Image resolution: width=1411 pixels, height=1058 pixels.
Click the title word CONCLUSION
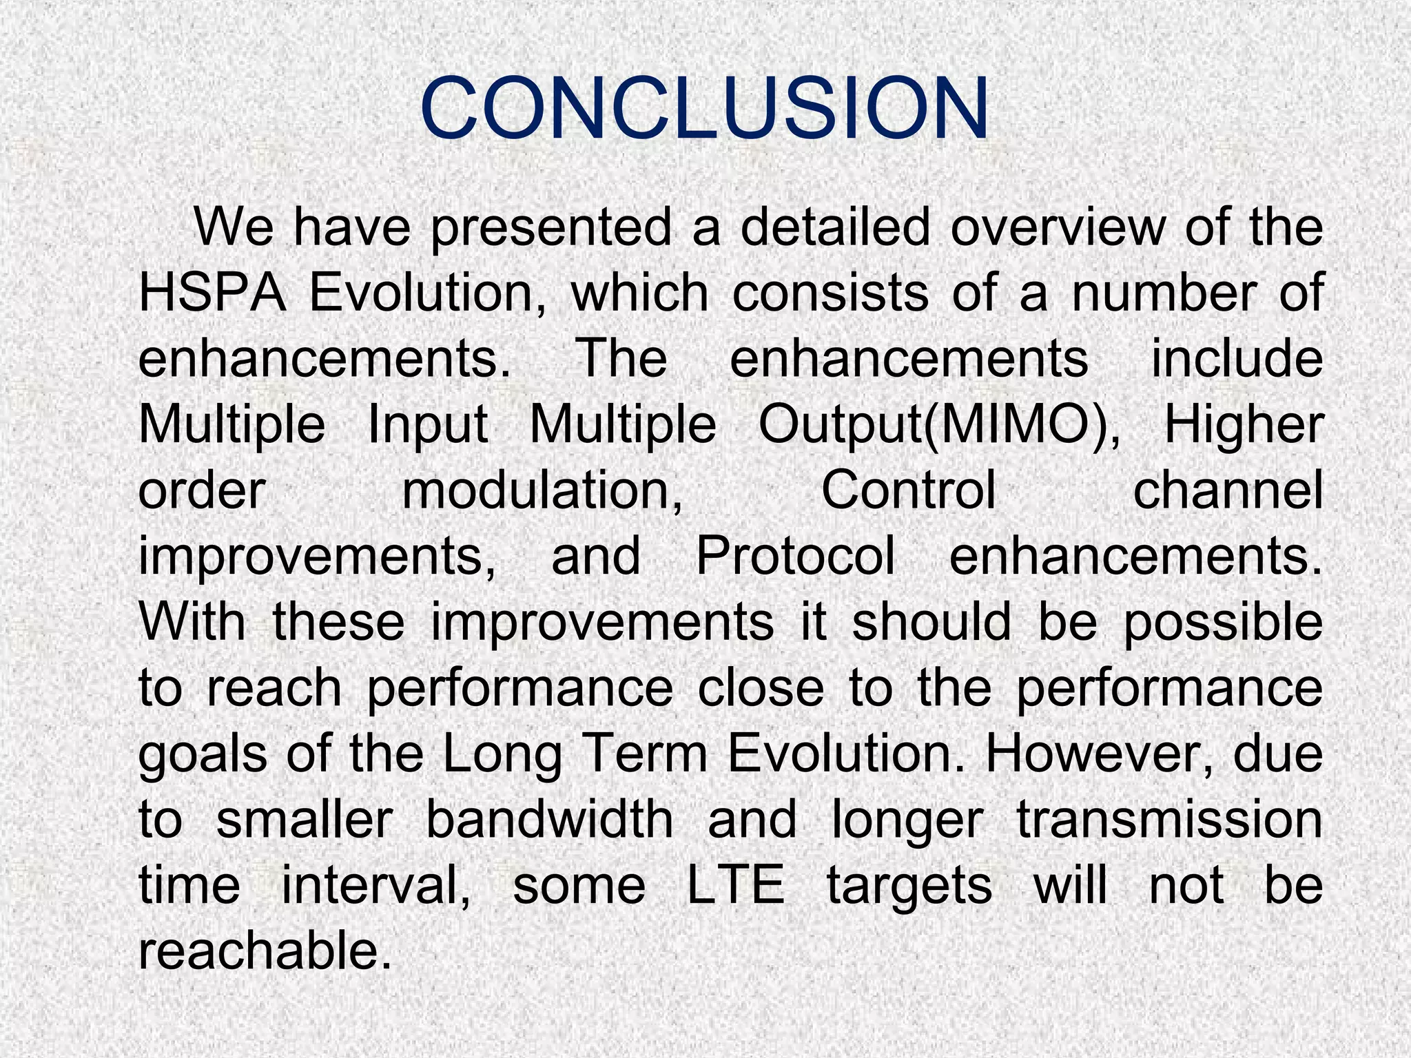704,109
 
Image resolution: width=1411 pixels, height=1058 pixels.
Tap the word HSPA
212,293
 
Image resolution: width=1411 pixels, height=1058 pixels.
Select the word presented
550,227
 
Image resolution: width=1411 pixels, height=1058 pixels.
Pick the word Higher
1243,426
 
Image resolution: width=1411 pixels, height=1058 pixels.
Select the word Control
909,490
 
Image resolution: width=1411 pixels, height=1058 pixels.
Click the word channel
1228,490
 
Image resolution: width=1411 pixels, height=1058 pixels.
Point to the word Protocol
795,557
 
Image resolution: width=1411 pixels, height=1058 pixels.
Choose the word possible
1223,623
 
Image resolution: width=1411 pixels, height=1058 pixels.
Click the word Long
501,755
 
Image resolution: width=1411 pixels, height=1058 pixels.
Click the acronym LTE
736,886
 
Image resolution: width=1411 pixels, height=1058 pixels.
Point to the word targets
909,887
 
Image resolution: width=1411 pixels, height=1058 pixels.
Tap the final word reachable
260,952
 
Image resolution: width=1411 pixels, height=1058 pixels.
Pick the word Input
427,426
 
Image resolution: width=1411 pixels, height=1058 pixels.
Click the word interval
375,886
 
